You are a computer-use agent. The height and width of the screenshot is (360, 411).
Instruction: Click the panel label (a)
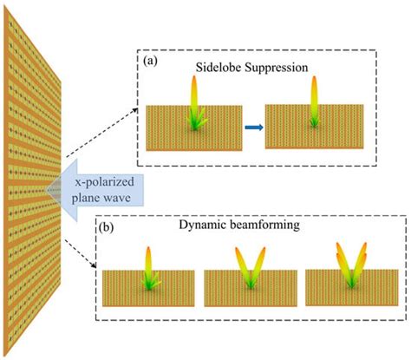150,62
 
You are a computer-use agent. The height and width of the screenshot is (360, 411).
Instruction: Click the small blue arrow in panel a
251,128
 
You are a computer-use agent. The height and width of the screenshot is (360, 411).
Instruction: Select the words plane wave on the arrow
98,196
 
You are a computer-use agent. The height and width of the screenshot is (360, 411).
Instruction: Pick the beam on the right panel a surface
315,97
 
